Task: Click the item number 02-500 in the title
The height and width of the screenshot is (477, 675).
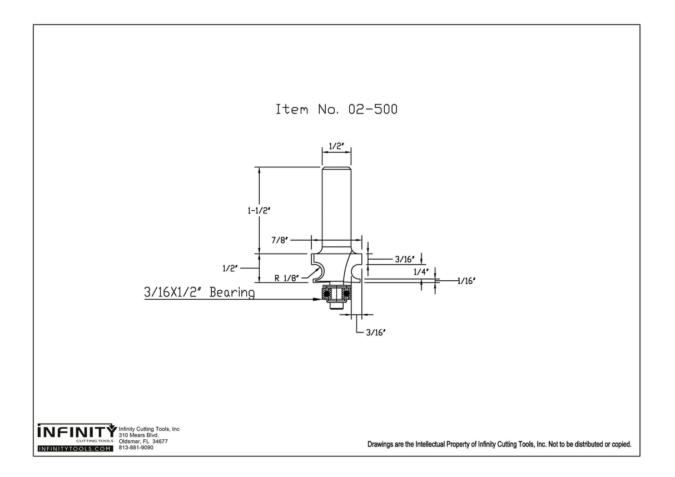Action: tap(373, 109)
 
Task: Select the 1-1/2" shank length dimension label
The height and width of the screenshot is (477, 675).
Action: tap(259, 211)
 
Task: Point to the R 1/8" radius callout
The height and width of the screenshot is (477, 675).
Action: tap(287, 278)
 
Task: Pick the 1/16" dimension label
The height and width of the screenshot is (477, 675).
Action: tap(466, 281)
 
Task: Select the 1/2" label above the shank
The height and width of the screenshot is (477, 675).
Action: tap(336, 146)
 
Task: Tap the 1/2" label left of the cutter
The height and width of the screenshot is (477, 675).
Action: tap(230, 268)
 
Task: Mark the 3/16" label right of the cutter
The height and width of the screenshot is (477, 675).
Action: tap(405, 259)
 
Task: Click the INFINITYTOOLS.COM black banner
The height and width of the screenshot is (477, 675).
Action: tap(75, 449)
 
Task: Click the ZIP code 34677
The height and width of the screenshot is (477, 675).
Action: tap(160, 441)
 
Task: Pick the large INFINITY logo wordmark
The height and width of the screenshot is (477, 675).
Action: tap(76, 432)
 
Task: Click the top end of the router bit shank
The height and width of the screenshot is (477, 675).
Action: tap(336, 166)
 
